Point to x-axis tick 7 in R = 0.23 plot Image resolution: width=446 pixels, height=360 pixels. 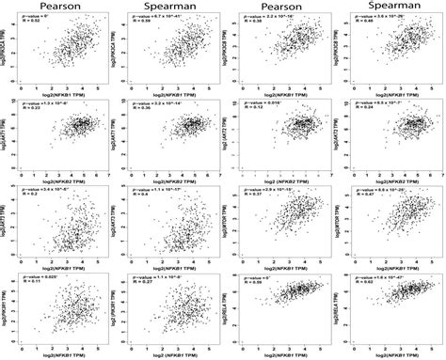coord(105,169)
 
